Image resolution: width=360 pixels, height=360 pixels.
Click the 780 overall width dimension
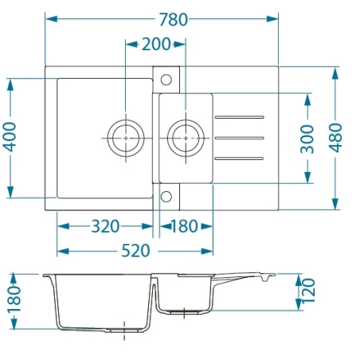pos(174,20)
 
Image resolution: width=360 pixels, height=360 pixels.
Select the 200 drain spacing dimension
pos(156,45)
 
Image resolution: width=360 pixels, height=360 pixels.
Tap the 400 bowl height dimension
pos(10,137)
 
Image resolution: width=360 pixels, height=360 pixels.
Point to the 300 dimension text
pos(307,139)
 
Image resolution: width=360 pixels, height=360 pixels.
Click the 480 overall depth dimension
pos(335,138)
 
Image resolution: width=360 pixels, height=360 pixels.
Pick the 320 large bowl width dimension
pos(105,226)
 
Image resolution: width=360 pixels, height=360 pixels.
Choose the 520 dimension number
pos(135,251)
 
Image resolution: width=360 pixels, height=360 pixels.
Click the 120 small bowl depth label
pos(308,291)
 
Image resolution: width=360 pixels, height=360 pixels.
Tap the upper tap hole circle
pos(166,80)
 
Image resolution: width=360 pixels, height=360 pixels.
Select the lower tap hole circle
pos(166,197)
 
